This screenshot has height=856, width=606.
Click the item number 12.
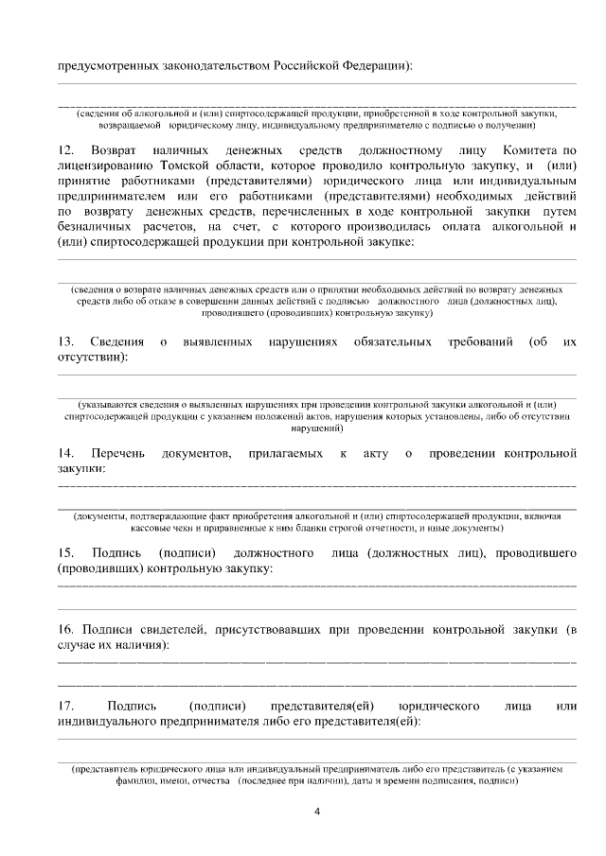66,151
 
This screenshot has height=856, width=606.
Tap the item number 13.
66,341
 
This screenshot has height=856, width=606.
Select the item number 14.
66,455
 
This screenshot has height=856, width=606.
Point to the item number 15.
66,551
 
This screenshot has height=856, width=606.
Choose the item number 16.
66,629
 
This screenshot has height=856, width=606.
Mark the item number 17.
66,707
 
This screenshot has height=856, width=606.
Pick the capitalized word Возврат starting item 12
113,151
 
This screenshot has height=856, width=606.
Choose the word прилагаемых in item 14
286,455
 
